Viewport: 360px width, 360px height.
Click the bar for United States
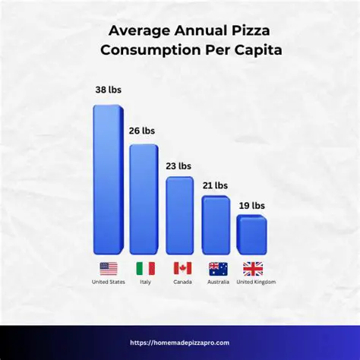click(x=108, y=179)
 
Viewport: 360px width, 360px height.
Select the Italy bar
click(x=144, y=199)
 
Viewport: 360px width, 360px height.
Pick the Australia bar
click(x=216, y=225)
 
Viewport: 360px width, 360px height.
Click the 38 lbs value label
click(x=108, y=90)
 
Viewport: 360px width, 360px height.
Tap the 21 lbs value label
click(x=215, y=185)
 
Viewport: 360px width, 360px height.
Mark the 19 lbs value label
click(x=252, y=204)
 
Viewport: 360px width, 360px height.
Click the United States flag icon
click(x=109, y=268)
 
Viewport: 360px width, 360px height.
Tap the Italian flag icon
click(x=145, y=268)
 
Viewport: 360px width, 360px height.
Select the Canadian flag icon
click(x=182, y=268)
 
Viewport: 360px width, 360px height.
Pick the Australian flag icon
click(x=218, y=268)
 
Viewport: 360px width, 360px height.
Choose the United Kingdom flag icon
click(x=253, y=268)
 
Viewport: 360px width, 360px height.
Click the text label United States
click(x=109, y=282)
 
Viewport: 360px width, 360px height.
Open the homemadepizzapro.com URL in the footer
click(x=180, y=343)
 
